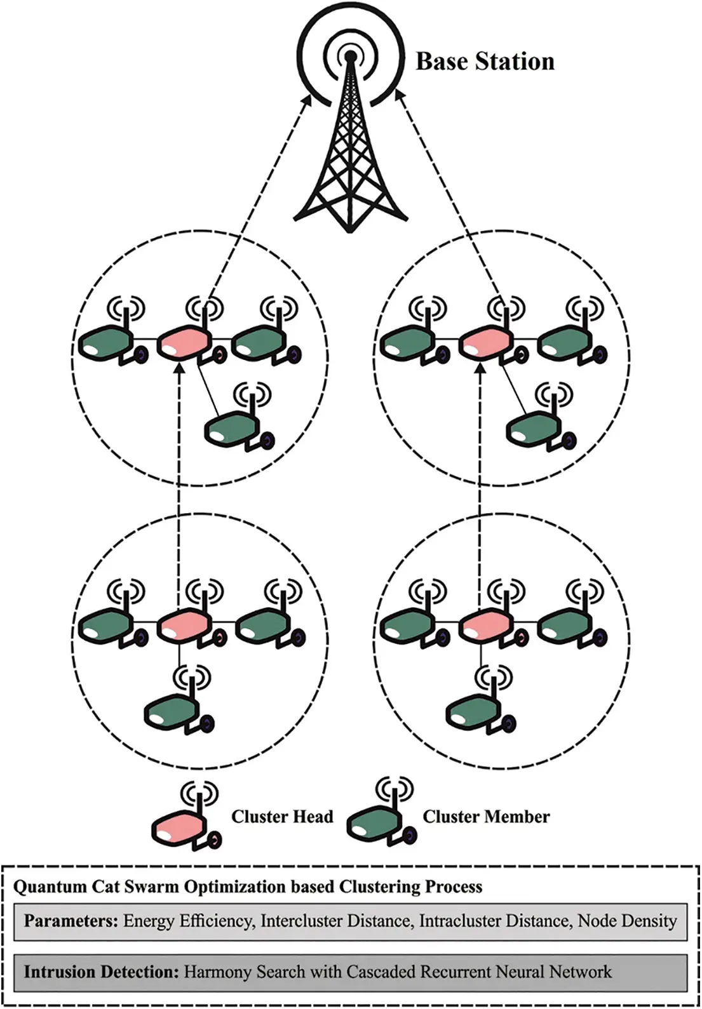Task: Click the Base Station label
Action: click(x=485, y=62)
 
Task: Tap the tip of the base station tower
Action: click(x=350, y=57)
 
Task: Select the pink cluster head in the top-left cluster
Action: click(x=182, y=344)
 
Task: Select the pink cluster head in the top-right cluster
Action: click(x=485, y=344)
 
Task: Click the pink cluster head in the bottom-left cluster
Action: click(x=182, y=625)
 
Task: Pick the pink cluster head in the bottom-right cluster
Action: click(x=485, y=625)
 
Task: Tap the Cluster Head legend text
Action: click(x=281, y=817)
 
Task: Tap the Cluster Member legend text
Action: click(x=486, y=817)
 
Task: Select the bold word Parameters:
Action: click(x=71, y=921)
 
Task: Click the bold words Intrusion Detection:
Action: click(x=101, y=972)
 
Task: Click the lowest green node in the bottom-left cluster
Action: click(x=169, y=713)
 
